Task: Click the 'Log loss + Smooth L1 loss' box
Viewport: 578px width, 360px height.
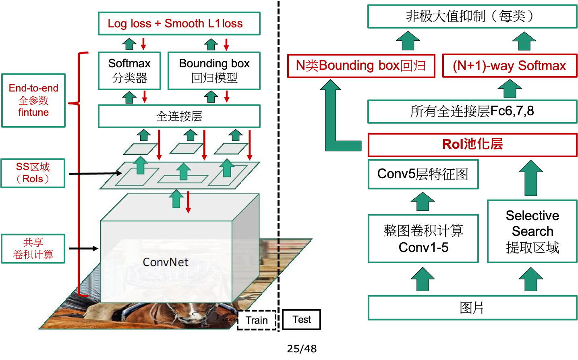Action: coord(179,23)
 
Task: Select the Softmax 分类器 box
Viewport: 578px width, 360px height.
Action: coord(129,71)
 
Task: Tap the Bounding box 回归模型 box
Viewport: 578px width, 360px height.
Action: coord(214,71)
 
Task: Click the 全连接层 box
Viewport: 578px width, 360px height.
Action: coord(179,116)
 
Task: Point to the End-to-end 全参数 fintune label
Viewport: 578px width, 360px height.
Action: coord(33,100)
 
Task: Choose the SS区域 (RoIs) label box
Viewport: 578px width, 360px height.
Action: coord(33,173)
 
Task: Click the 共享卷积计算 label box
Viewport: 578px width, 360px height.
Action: coord(33,248)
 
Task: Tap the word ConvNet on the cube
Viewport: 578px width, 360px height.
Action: coord(166,262)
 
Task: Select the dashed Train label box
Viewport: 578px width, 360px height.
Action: coord(257,320)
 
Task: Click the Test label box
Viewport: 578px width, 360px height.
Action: coord(301,320)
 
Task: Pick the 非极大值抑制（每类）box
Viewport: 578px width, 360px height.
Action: coord(472,17)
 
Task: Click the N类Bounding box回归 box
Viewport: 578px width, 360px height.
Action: coord(361,66)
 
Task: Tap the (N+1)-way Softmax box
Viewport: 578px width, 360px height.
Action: coord(509,66)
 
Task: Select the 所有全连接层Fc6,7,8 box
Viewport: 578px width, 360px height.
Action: coord(472,111)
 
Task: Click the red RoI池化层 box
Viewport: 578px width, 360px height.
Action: coord(472,144)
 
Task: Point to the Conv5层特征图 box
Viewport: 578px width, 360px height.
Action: coord(423,174)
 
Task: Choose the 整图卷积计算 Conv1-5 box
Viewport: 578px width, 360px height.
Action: coord(423,239)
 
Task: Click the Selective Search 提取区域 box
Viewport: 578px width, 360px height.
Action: coord(532,231)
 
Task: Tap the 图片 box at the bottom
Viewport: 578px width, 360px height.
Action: coord(472,308)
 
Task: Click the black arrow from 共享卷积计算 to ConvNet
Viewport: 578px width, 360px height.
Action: coord(83,248)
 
